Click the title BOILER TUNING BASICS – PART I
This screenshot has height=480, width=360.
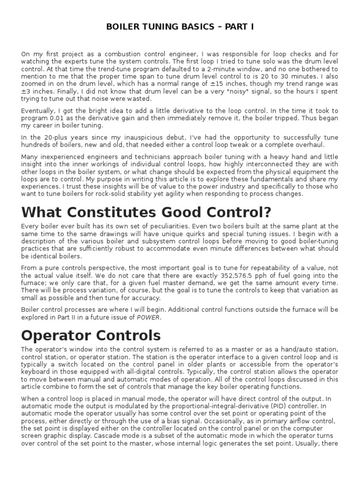pos(180,27)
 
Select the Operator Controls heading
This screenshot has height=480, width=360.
pos(91,335)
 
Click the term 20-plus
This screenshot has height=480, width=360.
pos(49,137)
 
